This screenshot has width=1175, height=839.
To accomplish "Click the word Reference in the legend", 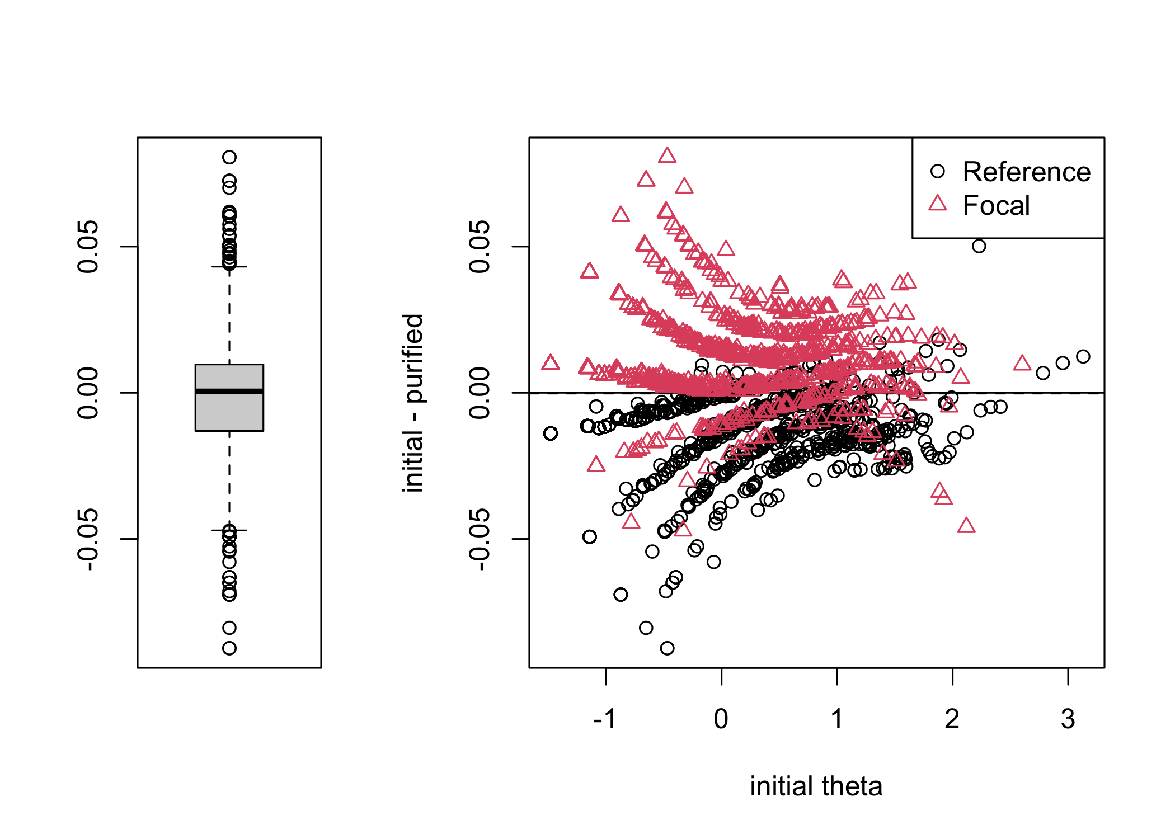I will [1026, 172].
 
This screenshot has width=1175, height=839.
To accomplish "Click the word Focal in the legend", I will [996, 205].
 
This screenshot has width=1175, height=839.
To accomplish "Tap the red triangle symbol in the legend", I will [938, 204].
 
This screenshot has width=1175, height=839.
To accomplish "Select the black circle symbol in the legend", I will [938, 171].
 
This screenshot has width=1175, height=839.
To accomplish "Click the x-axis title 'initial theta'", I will [816, 786].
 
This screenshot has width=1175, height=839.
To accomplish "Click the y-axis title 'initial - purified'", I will [413, 403].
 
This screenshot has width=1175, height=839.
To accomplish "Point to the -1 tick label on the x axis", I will [605, 719].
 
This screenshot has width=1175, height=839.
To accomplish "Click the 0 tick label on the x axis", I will [721, 719].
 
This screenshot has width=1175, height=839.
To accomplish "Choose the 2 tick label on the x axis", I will [952, 719].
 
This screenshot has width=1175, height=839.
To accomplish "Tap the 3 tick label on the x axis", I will [1068, 719].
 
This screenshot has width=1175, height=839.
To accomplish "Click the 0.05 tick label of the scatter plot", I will [480, 247].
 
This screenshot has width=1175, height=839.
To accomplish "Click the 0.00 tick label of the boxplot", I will [88, 393].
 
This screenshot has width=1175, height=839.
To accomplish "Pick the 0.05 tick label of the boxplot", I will [88, 247].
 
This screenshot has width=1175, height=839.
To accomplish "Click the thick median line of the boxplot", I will [229, 391].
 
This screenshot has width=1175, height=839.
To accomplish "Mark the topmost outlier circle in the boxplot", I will [229, 157].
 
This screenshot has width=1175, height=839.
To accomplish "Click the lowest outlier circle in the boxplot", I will [229, 648].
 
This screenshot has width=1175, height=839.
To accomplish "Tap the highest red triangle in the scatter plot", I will [667, 155].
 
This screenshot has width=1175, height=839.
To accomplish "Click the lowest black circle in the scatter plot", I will [667, 648].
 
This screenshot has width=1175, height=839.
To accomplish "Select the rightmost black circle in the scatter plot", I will [1083, 356].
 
